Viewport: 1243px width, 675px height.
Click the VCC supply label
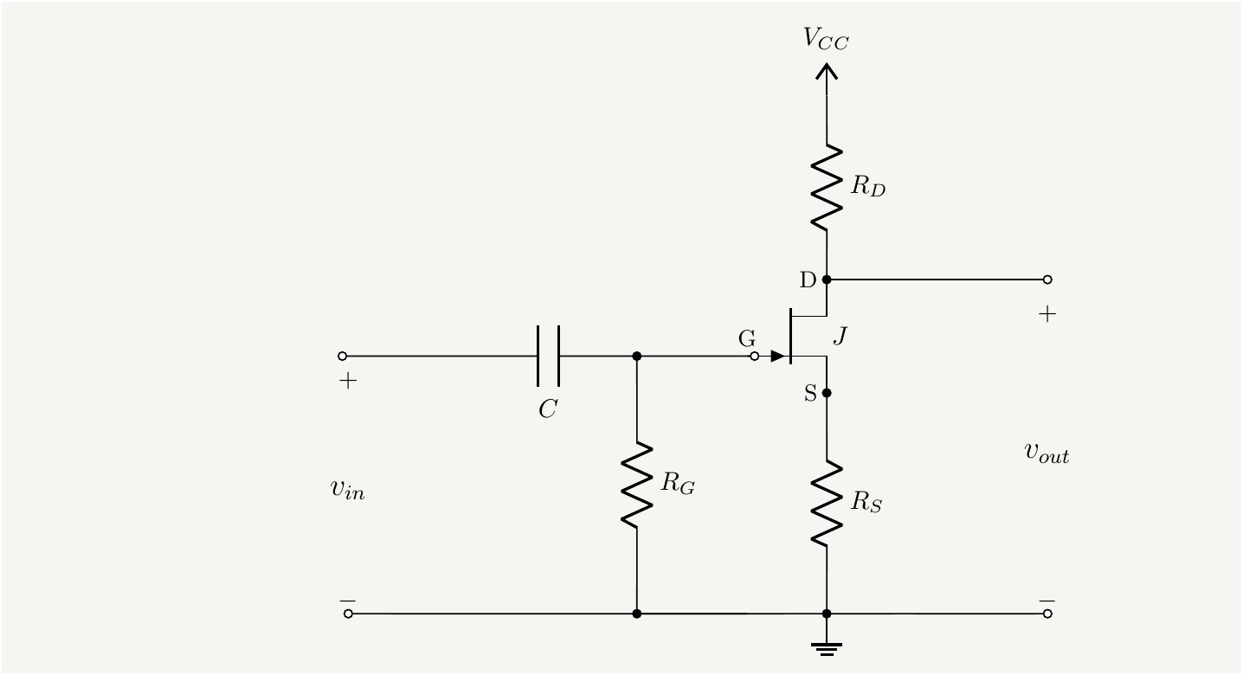tap(826, 39)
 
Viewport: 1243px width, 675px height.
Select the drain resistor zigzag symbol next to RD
tap(827, 187)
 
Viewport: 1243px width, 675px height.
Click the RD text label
tap(867, 188)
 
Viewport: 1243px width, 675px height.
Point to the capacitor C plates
tap(548, 356)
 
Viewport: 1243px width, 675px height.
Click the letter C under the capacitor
tap(547, 410)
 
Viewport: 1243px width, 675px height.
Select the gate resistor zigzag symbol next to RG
tap(637, 485)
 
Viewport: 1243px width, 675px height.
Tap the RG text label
tap(678, 484)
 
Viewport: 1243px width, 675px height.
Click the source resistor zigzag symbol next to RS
tap(827, 503)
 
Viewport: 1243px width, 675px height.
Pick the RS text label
tap(866, 503)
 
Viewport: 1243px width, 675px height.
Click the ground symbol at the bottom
tap(827, 647)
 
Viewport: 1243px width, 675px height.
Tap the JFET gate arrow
tap(778, 356)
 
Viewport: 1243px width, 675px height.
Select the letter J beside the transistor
tap(839, 337)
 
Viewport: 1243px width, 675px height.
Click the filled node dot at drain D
tap(827, 280)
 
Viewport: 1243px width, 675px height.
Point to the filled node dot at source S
tap(827, 393)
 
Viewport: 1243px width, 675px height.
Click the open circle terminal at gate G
tap(755, 356)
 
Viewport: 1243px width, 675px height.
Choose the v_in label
tap(347, 489)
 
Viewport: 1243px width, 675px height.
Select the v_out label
tap(1047, 452)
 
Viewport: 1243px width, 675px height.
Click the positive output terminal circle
tap(1047, 280)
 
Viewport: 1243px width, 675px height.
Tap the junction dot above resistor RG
tap(637, 356)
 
